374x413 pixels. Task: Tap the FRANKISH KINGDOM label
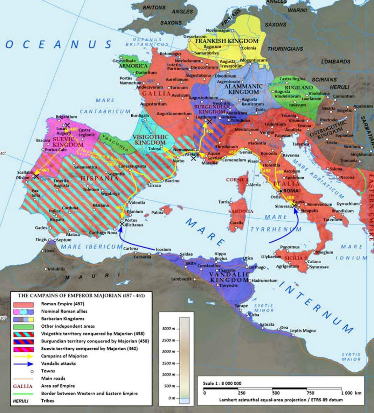[227, 41]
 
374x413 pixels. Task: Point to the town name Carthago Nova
[102, 233]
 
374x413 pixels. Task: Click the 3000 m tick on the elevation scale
[169, 329]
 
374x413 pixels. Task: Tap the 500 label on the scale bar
[276, 393]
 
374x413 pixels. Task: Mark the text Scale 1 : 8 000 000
[222, 383]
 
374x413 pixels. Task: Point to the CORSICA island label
[237, 180]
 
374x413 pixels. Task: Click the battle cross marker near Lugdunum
[209, 122]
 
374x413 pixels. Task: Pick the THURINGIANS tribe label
[285, 49]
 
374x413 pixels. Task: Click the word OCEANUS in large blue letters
[59, 44]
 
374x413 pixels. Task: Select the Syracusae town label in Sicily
[319, 267]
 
